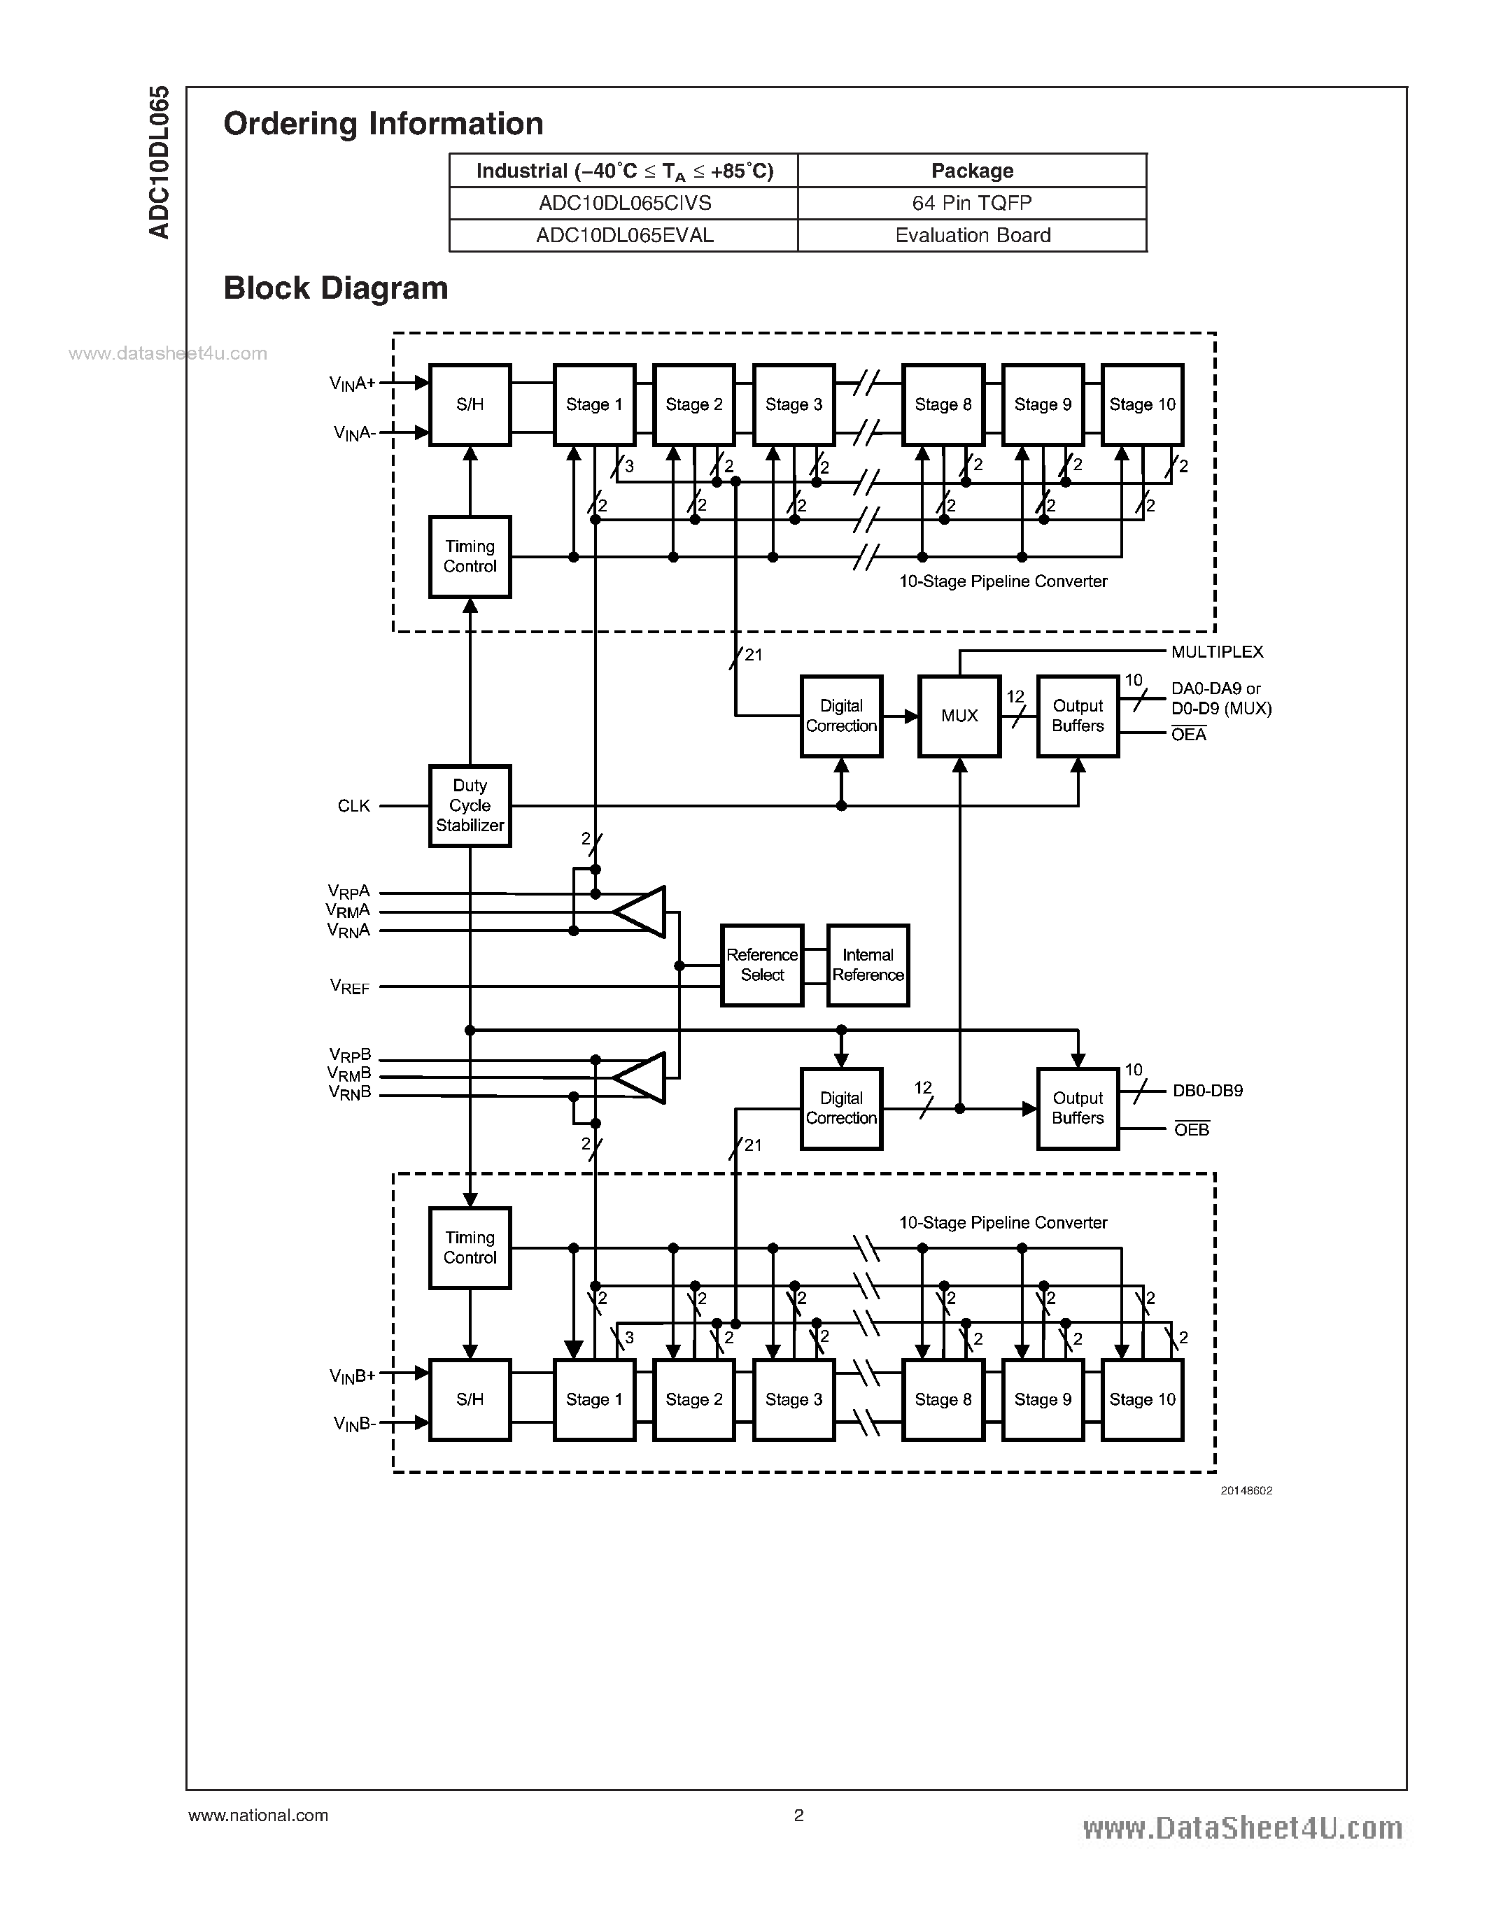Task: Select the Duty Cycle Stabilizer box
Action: point(470,805)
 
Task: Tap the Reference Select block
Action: point(761,965)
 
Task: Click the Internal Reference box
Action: point(868,965)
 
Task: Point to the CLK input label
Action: point(353,806)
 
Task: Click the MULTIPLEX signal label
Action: point(1217,652)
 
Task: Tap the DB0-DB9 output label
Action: point(1207,1091)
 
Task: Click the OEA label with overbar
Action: point(1188,735)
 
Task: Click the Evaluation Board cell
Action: point(973,236)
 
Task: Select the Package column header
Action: point(973,171)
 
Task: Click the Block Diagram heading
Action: point(336,288)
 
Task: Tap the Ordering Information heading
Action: point(383,123)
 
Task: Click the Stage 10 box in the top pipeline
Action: point(1142,404)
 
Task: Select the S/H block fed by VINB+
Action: point(470,1399)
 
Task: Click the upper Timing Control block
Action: point(470,557)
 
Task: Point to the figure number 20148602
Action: point(1246,1490)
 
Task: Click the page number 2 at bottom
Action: point(798,1815)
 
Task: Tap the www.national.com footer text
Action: point(258,1816)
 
